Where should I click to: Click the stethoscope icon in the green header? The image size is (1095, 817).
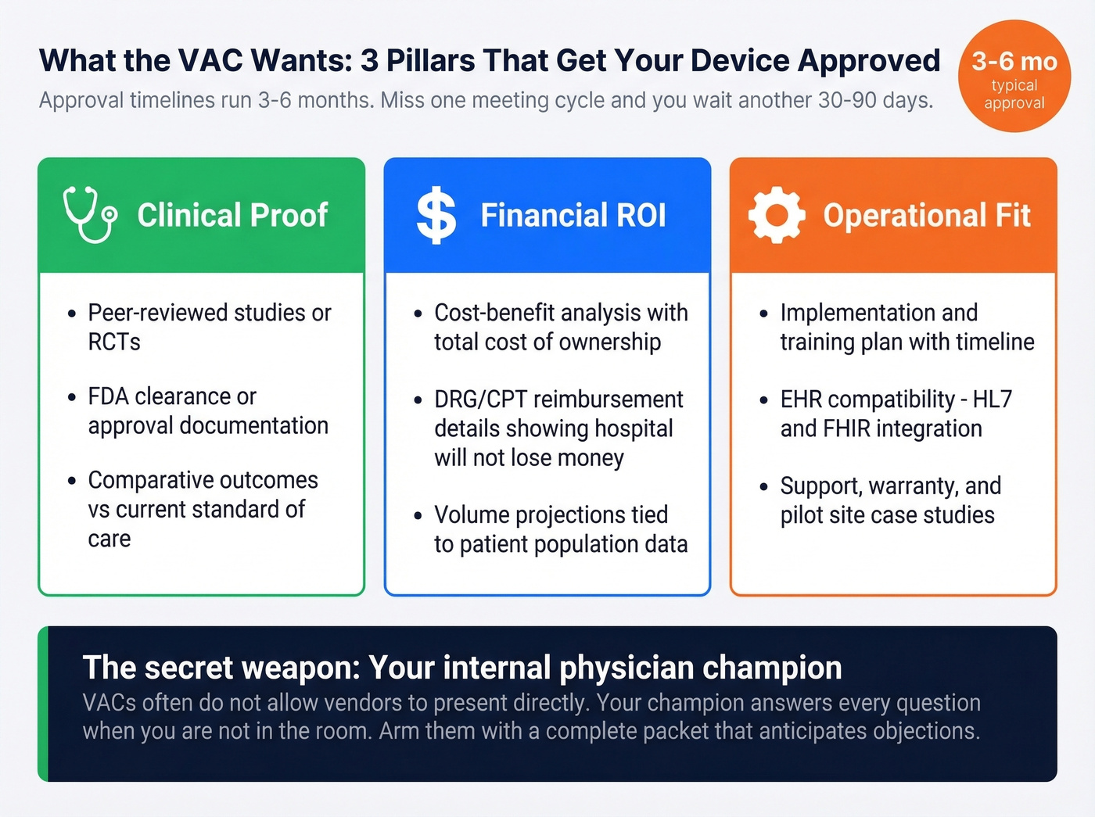click(x=90, y=215)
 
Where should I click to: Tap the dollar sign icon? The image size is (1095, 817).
click(x=436, y=216)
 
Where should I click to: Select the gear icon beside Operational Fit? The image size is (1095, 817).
click(x=776, y=216)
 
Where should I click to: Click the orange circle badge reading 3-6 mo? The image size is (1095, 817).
click(x=1014, y=77)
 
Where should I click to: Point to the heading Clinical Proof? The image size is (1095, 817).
click(x=232, y=216)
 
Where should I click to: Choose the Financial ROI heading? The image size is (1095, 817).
click(x=573, y=216)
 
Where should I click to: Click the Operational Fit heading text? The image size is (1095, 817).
click(x=927, y=216)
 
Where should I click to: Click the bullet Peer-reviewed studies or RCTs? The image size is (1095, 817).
click(x=209, y=327)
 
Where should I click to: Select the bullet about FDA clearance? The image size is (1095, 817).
click(x=207, y=410)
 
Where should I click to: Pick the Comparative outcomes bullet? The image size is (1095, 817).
click(x=203, y=508)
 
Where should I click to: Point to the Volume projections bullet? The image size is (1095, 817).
click(x=560, y=529)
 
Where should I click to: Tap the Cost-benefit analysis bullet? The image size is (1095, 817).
click(x=560, y=327)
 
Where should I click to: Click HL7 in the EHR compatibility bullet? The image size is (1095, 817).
click(x=992, y=400)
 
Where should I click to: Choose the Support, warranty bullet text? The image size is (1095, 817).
click(x=890, y=500)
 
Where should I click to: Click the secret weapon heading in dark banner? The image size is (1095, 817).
click(x=462, y=668)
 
